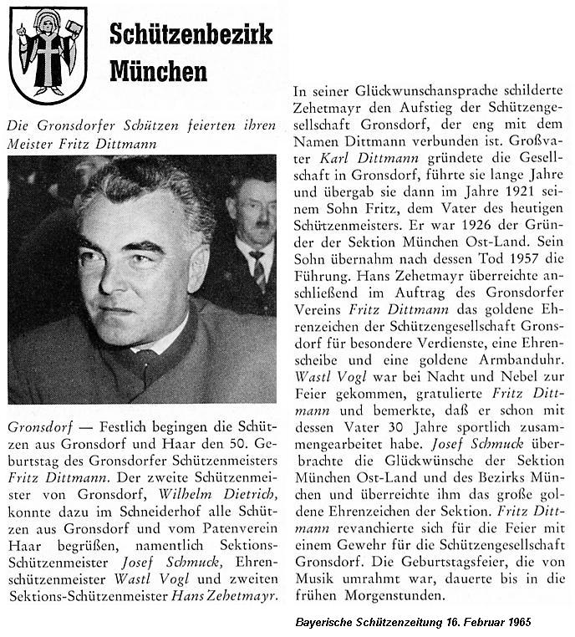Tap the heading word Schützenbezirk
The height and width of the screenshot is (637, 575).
tap(191, 35)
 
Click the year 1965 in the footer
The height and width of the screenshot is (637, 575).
tap(516, 623)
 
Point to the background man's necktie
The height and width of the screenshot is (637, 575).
tap(258, 269)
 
